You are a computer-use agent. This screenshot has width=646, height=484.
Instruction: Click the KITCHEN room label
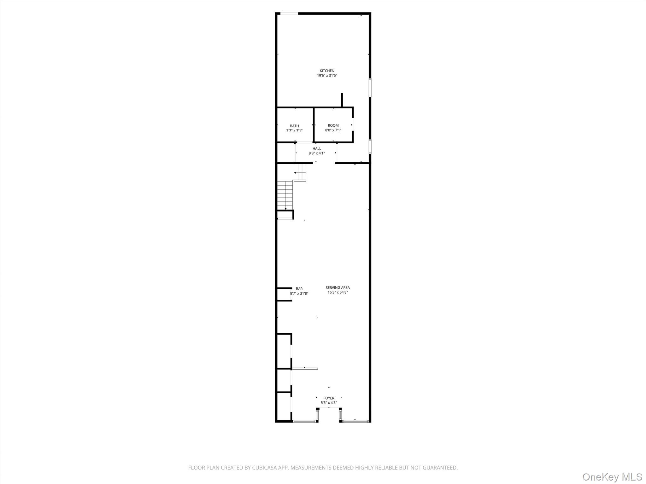pos(327,71)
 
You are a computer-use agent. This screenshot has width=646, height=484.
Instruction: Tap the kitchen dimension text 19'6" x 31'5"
pos(327,76)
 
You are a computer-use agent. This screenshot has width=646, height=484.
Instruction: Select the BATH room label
pos(294,126)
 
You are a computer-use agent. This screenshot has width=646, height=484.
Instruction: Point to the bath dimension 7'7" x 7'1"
pos(294,131)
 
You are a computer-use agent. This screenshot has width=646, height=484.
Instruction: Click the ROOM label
pos(333,125)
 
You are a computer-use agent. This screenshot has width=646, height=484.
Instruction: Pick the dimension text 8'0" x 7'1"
pos(333,130)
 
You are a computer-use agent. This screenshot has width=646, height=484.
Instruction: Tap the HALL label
pos(317,149)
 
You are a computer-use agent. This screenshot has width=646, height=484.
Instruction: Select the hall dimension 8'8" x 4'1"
pos(317,153)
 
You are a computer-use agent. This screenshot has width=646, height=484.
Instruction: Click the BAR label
pos(299,289)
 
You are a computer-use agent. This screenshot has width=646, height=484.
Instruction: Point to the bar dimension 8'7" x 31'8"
pos(299,293)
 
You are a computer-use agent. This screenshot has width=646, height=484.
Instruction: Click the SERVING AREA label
pos(338,287)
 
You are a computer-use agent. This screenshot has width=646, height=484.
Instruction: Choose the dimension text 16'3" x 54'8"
pos(338,292)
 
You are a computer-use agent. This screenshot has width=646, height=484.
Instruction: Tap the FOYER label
pos(329,398)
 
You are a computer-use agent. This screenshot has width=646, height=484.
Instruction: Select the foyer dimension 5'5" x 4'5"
pos(329,403)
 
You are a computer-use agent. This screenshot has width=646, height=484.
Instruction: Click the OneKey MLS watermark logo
pos(612,477)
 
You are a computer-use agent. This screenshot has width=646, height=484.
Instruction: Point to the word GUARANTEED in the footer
pos(439,468)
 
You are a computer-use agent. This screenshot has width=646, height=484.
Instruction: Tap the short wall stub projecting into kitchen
pos(342,100)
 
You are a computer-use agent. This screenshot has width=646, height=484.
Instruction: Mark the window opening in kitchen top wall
pos(289,14)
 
